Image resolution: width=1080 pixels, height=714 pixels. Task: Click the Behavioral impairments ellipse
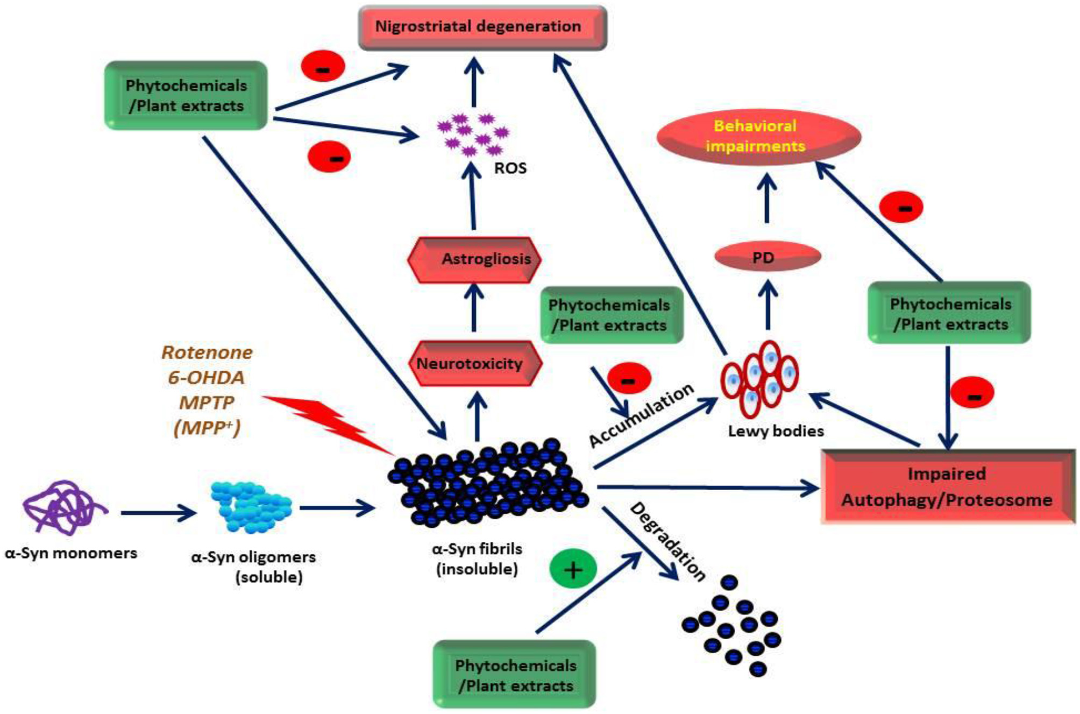pos(758,137)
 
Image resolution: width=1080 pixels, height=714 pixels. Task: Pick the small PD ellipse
pos(766,257)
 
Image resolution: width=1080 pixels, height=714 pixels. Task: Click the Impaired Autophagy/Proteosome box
pos(947,486)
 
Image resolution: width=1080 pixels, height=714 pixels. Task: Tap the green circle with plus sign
pos(573,569)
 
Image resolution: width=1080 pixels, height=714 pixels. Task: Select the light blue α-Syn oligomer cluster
pos(251,507)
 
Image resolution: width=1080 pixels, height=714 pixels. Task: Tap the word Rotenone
pos(207,352)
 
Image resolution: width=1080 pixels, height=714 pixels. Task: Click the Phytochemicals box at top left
pos(186,95)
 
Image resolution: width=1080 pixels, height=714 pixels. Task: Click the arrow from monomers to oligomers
pos(158,513)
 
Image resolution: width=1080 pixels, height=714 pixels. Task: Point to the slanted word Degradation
pos(667,541)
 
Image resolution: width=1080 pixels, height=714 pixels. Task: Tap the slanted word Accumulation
pos(641,415)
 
